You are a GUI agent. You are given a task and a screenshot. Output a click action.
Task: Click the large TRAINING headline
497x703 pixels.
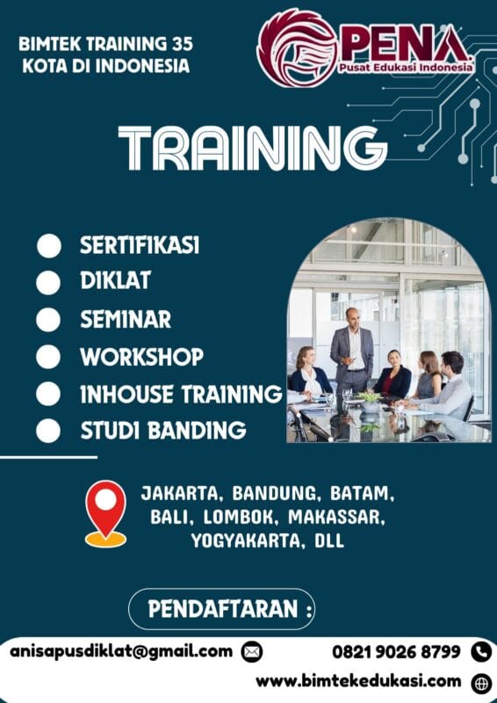[252, 149]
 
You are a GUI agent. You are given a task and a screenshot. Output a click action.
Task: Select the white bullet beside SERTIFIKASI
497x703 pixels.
[49, 246]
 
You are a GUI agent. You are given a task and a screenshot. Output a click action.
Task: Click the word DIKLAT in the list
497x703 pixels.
[115, 281]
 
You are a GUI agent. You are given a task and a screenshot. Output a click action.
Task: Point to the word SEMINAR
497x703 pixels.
[126, 319]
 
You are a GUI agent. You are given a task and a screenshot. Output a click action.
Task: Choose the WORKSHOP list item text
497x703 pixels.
[141, 357]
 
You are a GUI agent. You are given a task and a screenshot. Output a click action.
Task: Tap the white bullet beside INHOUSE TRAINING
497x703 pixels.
[49, 395]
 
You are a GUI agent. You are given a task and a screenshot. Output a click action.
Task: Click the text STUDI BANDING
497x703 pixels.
[162, 431]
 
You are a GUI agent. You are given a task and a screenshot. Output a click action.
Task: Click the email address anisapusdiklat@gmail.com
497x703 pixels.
[121, 651]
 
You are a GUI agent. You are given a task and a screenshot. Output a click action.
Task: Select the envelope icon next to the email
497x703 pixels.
[252, 652]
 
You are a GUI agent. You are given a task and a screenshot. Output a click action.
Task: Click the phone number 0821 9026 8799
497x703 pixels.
[396, 652]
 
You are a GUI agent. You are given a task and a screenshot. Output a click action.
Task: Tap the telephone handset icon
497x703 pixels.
[480, 652]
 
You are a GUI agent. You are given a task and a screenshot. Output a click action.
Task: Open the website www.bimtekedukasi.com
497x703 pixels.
[358, 681]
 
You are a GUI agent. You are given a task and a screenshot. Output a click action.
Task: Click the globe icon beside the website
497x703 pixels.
[481, 682]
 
